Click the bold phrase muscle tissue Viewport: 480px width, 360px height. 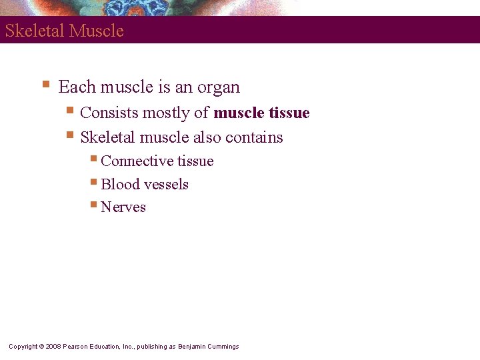click(261, 113)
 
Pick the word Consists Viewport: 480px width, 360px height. click(107, 113)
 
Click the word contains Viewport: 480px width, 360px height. click(254, 138)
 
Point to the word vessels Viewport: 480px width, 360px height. click(165, 185)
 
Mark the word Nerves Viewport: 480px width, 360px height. click(123, 207)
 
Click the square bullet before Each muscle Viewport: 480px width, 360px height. click(45, 85)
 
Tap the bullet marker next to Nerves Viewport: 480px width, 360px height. click(95, 205)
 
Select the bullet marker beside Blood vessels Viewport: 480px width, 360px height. click(95, 182)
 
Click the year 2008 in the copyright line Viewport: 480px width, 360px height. click(53, 347)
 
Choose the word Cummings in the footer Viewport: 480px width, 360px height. click(223, 347)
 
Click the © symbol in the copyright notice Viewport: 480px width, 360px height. click(41, 347)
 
